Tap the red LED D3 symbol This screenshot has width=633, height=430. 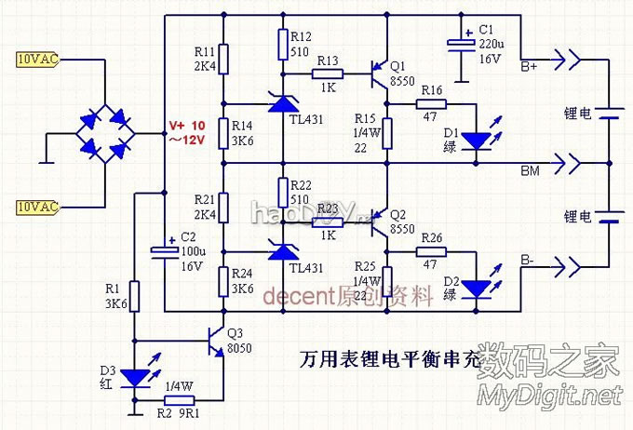point(135,376)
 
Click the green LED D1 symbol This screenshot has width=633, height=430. point(477,141)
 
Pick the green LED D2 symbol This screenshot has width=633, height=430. point(477,289)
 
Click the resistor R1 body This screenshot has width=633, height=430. point(135,297)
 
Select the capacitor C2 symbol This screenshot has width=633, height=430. point(164,250)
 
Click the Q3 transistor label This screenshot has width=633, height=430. point(235,333)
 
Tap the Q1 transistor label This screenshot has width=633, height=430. point(398,66)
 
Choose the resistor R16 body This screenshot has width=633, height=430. point(431,103)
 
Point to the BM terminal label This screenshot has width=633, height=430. point(531,171)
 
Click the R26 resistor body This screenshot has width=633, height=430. point(431,251)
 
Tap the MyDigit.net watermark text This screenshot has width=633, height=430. point(549,396)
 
